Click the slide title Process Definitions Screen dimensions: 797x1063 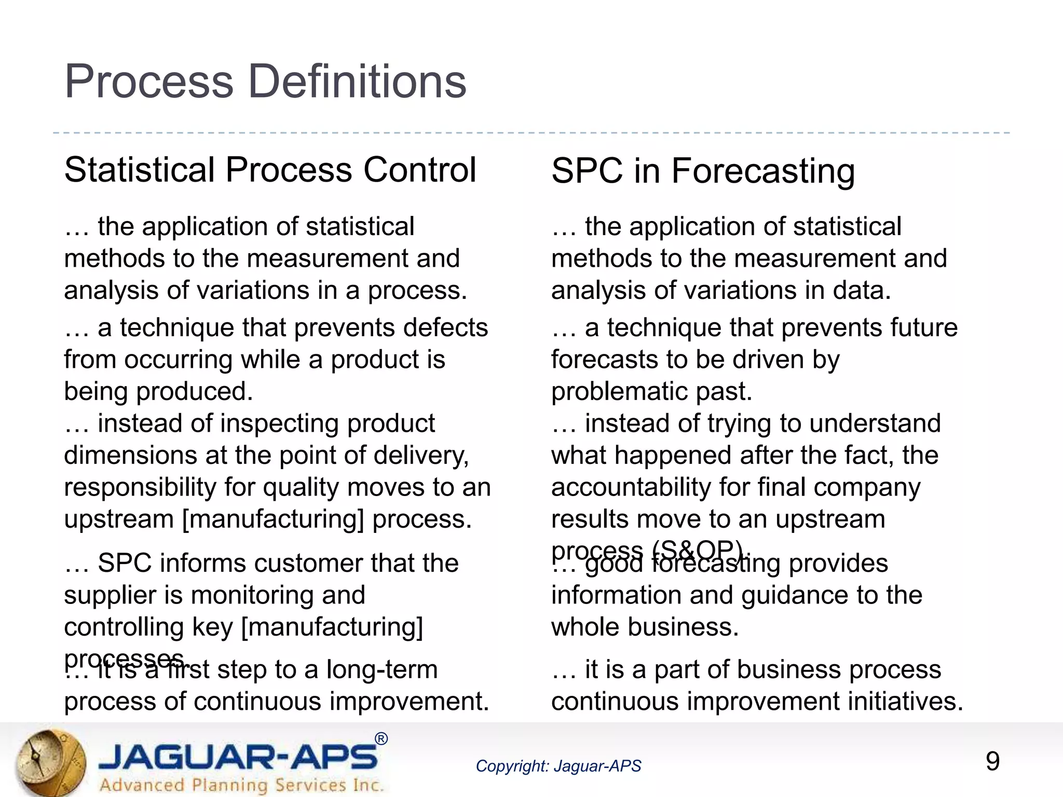265,81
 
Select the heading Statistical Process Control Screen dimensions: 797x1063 270,170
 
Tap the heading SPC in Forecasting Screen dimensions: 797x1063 703,171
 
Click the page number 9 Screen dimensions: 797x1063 992,762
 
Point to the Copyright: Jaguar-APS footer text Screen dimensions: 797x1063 558,766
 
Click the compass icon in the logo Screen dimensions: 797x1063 49,762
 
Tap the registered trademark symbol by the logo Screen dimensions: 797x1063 381,739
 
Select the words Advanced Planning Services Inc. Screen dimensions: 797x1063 241,785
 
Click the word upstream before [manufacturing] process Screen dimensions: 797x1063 118,519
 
